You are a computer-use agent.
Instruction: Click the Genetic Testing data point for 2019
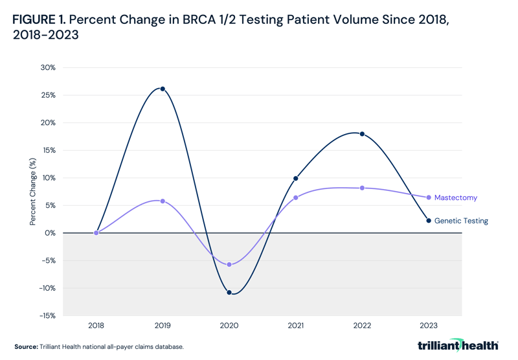click(163, 89)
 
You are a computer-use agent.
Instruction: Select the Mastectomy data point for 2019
click(163, 201)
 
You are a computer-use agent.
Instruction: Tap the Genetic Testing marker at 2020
click(229, 293)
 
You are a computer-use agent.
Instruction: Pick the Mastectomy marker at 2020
click(229, 265)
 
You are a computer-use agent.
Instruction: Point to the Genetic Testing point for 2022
click(362, 134)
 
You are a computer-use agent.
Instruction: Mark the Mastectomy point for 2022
click(362, 188)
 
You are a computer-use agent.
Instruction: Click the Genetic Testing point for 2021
click(296, 178)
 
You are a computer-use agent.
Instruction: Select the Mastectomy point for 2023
click(429, 197)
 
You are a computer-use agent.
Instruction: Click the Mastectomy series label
click(456, 197)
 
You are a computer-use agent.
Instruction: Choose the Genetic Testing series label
click(461, 221)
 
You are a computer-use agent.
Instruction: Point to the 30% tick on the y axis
click(48, 67)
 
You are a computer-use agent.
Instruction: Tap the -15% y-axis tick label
click(47, 316)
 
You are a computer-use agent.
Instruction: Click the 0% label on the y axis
click(50, 233)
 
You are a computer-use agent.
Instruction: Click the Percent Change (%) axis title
click(32, 192)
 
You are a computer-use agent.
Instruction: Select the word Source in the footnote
click(25, 347)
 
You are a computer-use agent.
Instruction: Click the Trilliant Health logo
click(458, 346)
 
